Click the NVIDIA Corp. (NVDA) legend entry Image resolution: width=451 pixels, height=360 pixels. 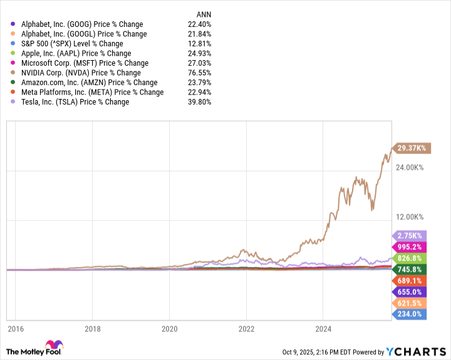(x=81, y=73)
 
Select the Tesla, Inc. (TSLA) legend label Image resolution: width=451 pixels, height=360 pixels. (x=75, y=101)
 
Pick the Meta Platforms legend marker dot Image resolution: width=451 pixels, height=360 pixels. (x=14, y=92)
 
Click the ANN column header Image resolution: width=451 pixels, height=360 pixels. (x=204, y=14)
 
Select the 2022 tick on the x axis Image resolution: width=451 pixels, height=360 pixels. (x=246, y=328)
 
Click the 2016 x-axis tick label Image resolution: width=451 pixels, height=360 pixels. (x=16, y=328)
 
